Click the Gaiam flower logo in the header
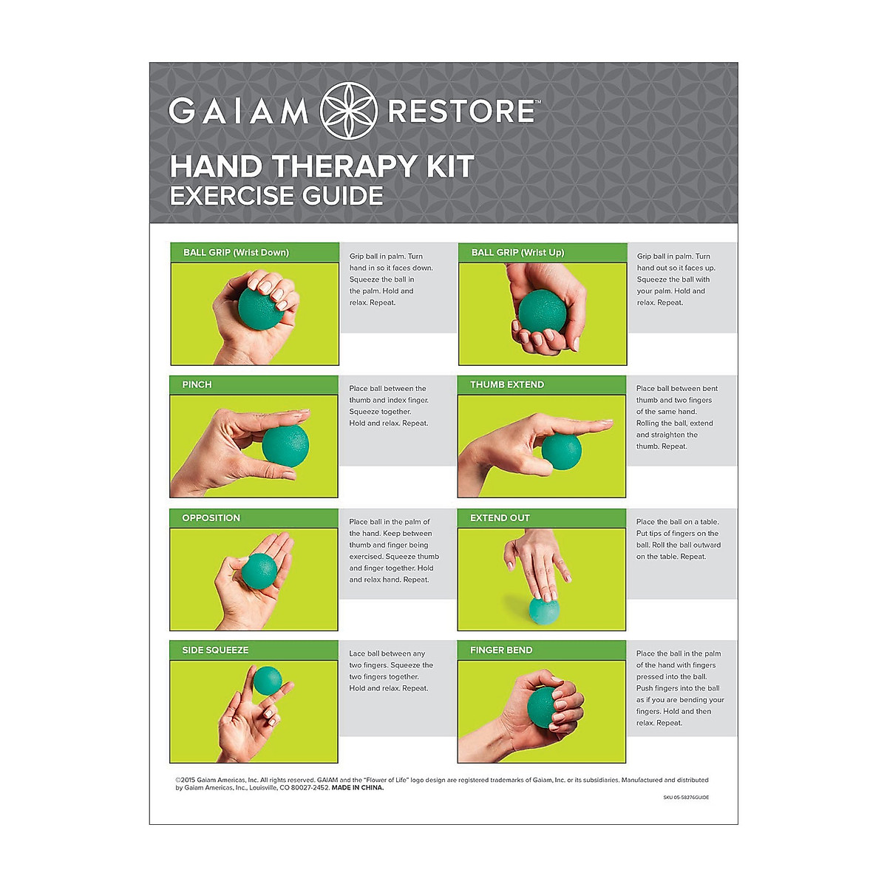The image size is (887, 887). click(x=348, y=112)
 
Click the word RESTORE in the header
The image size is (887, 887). click(x=461, y=112)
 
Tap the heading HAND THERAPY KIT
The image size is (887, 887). click(x=322, y=167)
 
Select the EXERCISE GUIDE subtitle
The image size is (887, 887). click(x=276, y=196)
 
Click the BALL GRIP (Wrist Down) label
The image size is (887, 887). click(x=236, y=253)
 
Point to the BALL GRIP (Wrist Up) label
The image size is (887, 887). click(x=517, y=253)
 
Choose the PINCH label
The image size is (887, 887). click(x=197, y=384)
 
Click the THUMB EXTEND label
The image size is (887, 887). click(x=507, y=384)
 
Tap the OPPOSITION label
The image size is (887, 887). click(x=211, y=518)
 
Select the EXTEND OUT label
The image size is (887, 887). click(x=500, y=518)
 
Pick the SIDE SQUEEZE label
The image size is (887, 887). click(x=215, y=650)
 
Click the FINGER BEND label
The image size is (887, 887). click(x=501, y=650)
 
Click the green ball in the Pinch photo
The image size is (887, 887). click(x=285, y=446)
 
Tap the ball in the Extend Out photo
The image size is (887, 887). click(x=543, y=609)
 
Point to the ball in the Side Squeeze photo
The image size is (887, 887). click(x=267, y=681)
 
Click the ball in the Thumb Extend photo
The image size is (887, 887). click(x=561, y=452)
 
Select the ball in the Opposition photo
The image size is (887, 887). click(x=259, y=571)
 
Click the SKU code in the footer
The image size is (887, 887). click(x=686, y=798)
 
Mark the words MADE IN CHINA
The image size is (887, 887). click(x=358, y=788)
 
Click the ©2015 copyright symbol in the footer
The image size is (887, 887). click(x=178, y=780)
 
